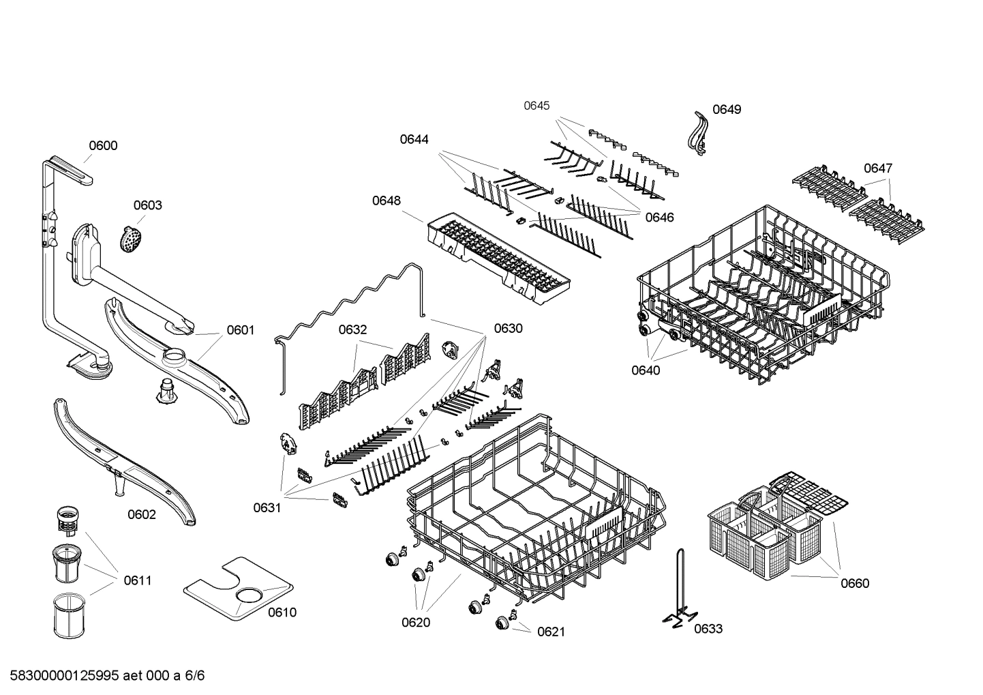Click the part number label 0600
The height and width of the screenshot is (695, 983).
click(x=103, y=145)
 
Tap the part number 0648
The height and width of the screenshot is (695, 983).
click(x=387, y=201)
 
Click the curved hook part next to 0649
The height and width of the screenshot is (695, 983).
click(x=697, y=131)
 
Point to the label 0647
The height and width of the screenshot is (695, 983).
click(x=878, y=168)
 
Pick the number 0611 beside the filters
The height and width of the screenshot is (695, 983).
click(x=138, y=580)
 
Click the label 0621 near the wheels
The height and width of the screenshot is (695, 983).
click(x=551, y=632)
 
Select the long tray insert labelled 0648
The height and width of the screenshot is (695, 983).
click(x=498, y=256)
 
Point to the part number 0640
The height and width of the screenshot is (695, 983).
click(x=646, y=370)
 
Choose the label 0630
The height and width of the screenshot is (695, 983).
click(x=509, y=328)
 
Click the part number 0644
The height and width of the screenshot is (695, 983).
click(x=414, y=139)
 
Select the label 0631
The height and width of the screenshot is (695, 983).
click(x=267, y=507)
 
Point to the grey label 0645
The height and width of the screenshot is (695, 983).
click(x=536, y=106)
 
